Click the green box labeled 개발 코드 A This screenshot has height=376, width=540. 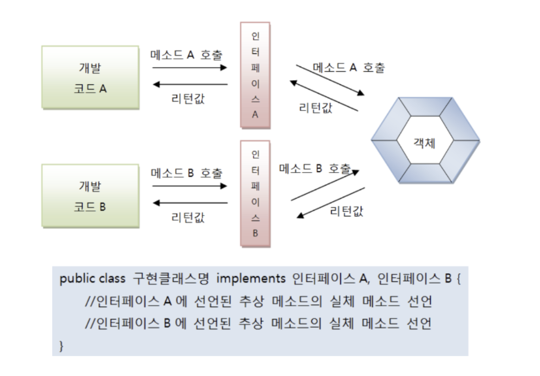point(90,77)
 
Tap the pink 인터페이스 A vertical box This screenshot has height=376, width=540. point(255,74)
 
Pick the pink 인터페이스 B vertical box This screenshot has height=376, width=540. point(255,193)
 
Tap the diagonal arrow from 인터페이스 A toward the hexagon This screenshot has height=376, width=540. point(331,80)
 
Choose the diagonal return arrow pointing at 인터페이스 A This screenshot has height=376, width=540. point(324,96)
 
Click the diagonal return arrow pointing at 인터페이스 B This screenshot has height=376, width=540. point(332,202)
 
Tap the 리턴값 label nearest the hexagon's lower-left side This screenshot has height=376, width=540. point(347,211)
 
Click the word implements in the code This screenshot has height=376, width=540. point(251,279)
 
